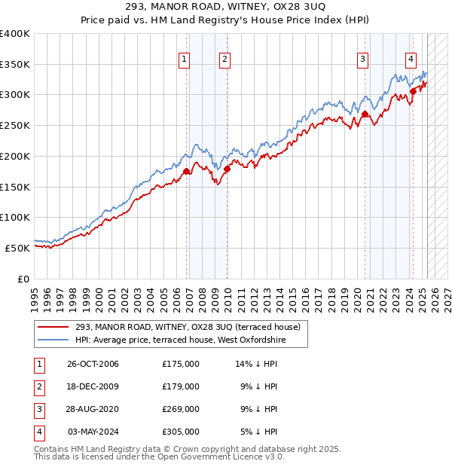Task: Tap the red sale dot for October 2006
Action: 186,171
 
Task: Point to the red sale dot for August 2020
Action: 365,114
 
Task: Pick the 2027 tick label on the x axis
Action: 447,295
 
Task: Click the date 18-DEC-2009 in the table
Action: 93,386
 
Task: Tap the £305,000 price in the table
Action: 181,432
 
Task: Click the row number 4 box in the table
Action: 38,432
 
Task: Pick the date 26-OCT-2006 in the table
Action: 93,364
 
